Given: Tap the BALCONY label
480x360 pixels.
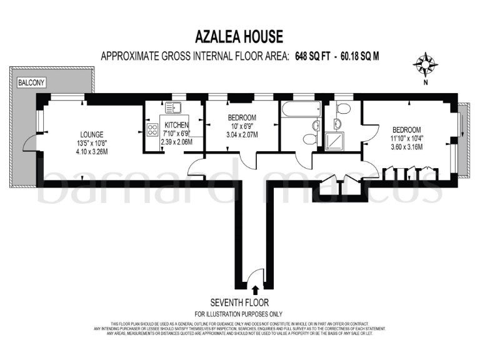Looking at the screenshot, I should (x=30, y=82).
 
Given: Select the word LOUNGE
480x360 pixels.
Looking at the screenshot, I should (x=91, y=134).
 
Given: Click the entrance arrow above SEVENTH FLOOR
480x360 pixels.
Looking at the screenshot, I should (x=255, y=289).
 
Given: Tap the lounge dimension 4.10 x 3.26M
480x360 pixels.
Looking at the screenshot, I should (x=91, y=151).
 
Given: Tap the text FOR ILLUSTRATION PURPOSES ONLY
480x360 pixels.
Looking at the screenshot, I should (x=238, y=314).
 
